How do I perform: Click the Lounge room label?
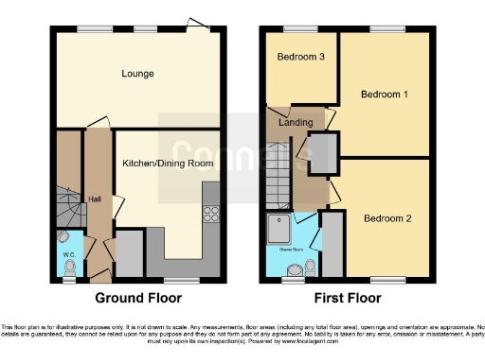pyautogui.click(x=137, y=74)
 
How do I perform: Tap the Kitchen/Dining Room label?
pyautogui.click(x=168, y=163)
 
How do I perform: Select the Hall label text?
pyautogui.click(x=95, y=199)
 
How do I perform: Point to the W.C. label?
pyautogui.click(x=68, y=253)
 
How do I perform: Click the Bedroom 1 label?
pyautogui.click(x=386, y=95)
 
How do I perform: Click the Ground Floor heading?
pyautogui.click(x=137, y=298)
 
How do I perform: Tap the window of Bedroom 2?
pyautogui.click(x=386, y=281)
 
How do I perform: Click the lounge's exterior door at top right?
pyautogui.click(x=196, y=25)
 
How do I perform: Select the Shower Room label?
pyautogui.click(x=290, y=251)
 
